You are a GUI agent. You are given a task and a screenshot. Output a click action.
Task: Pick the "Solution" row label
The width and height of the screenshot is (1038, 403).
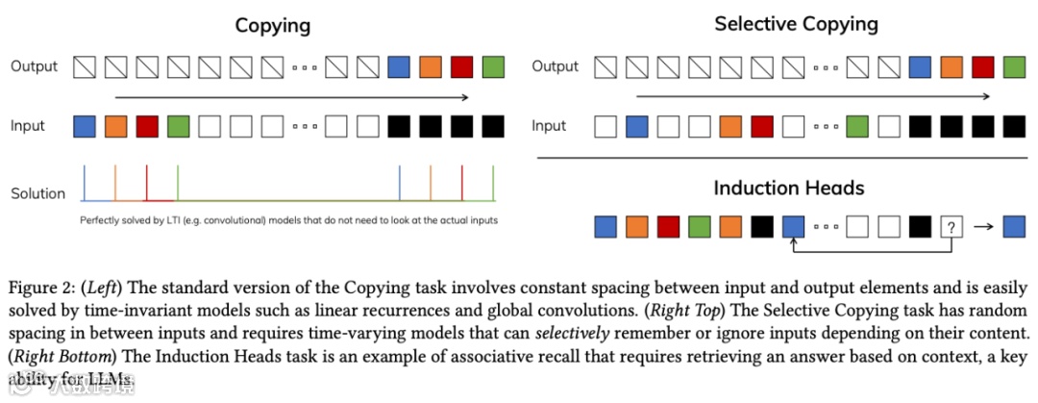point(38,193)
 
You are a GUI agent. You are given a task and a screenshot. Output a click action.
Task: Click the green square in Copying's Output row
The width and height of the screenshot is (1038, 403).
point(493,67)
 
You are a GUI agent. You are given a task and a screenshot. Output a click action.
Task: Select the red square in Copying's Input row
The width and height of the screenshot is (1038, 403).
point(146,126)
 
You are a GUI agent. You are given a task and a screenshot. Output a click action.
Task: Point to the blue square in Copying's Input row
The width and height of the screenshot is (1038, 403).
point(85,126)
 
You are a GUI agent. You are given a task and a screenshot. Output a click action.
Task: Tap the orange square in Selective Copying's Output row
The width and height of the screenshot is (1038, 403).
point(951,67)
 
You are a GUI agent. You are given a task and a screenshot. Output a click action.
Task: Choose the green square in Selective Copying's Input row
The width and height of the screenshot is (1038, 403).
point(857,126)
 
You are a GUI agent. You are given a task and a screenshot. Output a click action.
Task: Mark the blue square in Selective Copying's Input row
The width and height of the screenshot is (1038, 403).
point(636,126)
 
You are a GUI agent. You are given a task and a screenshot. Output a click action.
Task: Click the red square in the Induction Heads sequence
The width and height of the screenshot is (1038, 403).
point(668,226)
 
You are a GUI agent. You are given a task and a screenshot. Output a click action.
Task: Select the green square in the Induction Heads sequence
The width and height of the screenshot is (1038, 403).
point(699,226)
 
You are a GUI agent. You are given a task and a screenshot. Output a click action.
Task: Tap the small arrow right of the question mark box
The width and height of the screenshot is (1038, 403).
point(983,227)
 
